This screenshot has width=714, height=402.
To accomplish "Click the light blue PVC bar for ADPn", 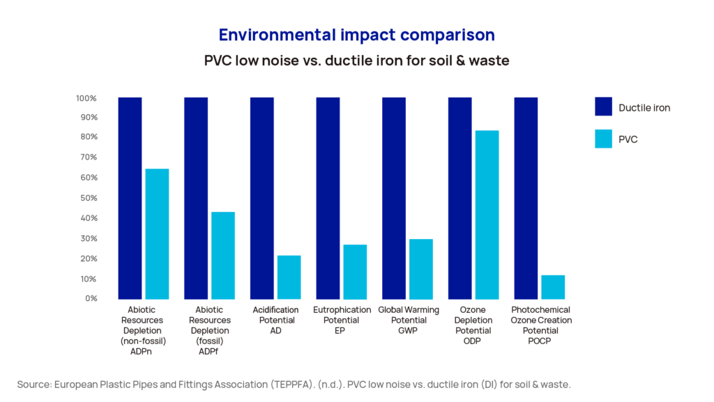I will click(x=157, y=234).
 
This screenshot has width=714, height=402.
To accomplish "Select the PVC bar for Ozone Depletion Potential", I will click(x=487, y=215).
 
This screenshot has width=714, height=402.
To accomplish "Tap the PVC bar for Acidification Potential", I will click(x=289, y=277).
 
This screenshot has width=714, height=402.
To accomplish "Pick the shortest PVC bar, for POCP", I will click(x=553, y=287).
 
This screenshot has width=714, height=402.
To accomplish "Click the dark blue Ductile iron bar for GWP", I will click(x=394, y=199).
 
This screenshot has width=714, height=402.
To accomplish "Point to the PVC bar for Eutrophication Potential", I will click(x=355, y=272).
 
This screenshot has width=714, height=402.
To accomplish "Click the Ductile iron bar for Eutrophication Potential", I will click(x=328, y=199).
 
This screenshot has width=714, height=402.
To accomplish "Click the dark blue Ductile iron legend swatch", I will click(x=603, y=107).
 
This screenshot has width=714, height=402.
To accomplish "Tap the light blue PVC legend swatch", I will click(x=603, y=139).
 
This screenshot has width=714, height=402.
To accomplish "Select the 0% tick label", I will click(x=90, y=298).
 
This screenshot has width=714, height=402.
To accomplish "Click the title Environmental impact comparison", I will click(x=356, y=35).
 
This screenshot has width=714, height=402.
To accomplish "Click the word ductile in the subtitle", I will click(x=359, y=61).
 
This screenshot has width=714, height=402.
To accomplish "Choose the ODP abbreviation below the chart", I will click(x=473, y=341).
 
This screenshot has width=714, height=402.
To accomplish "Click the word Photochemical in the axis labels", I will click(x=540, y=309).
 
